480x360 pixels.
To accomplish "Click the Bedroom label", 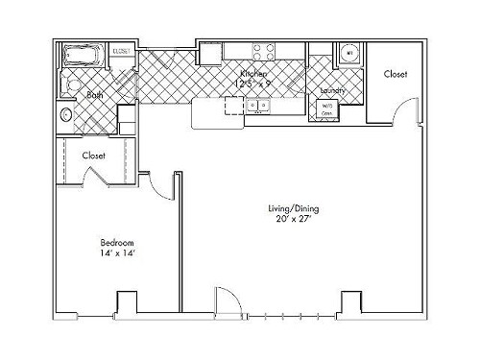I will point(117,242).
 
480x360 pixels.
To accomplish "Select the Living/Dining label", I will point(288,207).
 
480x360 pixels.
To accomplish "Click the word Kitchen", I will point(255,73).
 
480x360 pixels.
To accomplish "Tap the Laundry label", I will point(332,90).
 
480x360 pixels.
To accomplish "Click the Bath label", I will point(95,95).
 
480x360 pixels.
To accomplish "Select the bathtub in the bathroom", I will point(84,55).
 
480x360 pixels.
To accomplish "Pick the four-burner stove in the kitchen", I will point(263,51).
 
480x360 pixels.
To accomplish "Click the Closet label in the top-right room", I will point(395,74).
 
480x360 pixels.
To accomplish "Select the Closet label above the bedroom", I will point(94,155).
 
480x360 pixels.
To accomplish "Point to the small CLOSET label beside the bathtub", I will point(122,51).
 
